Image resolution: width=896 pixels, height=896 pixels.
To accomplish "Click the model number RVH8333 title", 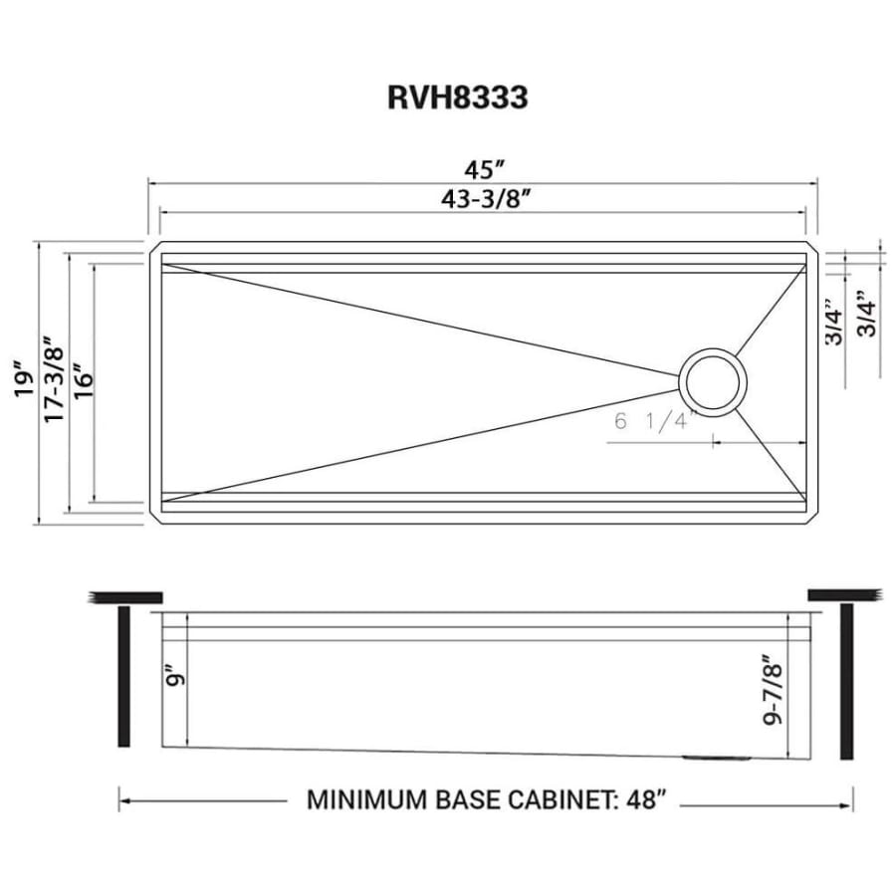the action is point(458,98).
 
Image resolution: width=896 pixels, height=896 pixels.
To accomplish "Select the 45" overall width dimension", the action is point(485,169).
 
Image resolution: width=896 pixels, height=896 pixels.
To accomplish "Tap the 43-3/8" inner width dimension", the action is point(484,199).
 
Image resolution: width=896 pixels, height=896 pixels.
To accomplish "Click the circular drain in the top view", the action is point(713,381).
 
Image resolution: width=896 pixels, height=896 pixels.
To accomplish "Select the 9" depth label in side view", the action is point(176,677).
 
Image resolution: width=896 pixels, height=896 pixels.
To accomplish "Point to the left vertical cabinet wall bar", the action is point(123,677).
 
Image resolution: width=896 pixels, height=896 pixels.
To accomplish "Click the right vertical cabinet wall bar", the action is point(847,681).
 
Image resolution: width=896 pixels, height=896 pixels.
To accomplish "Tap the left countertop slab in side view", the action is point(125,597).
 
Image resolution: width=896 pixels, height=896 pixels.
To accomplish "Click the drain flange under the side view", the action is point(717,758).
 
